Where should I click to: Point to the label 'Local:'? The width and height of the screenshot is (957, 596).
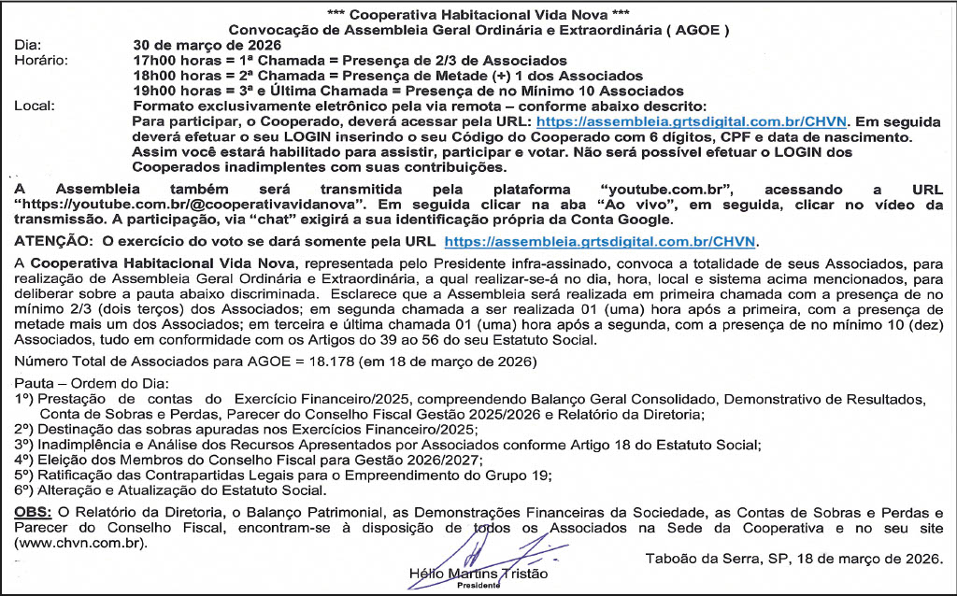(36, 106)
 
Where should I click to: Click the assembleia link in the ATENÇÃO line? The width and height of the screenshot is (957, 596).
(602, 241)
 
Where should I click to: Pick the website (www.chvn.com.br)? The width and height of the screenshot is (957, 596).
(79, 543)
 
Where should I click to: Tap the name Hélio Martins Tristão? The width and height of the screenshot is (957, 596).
(478, 573)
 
